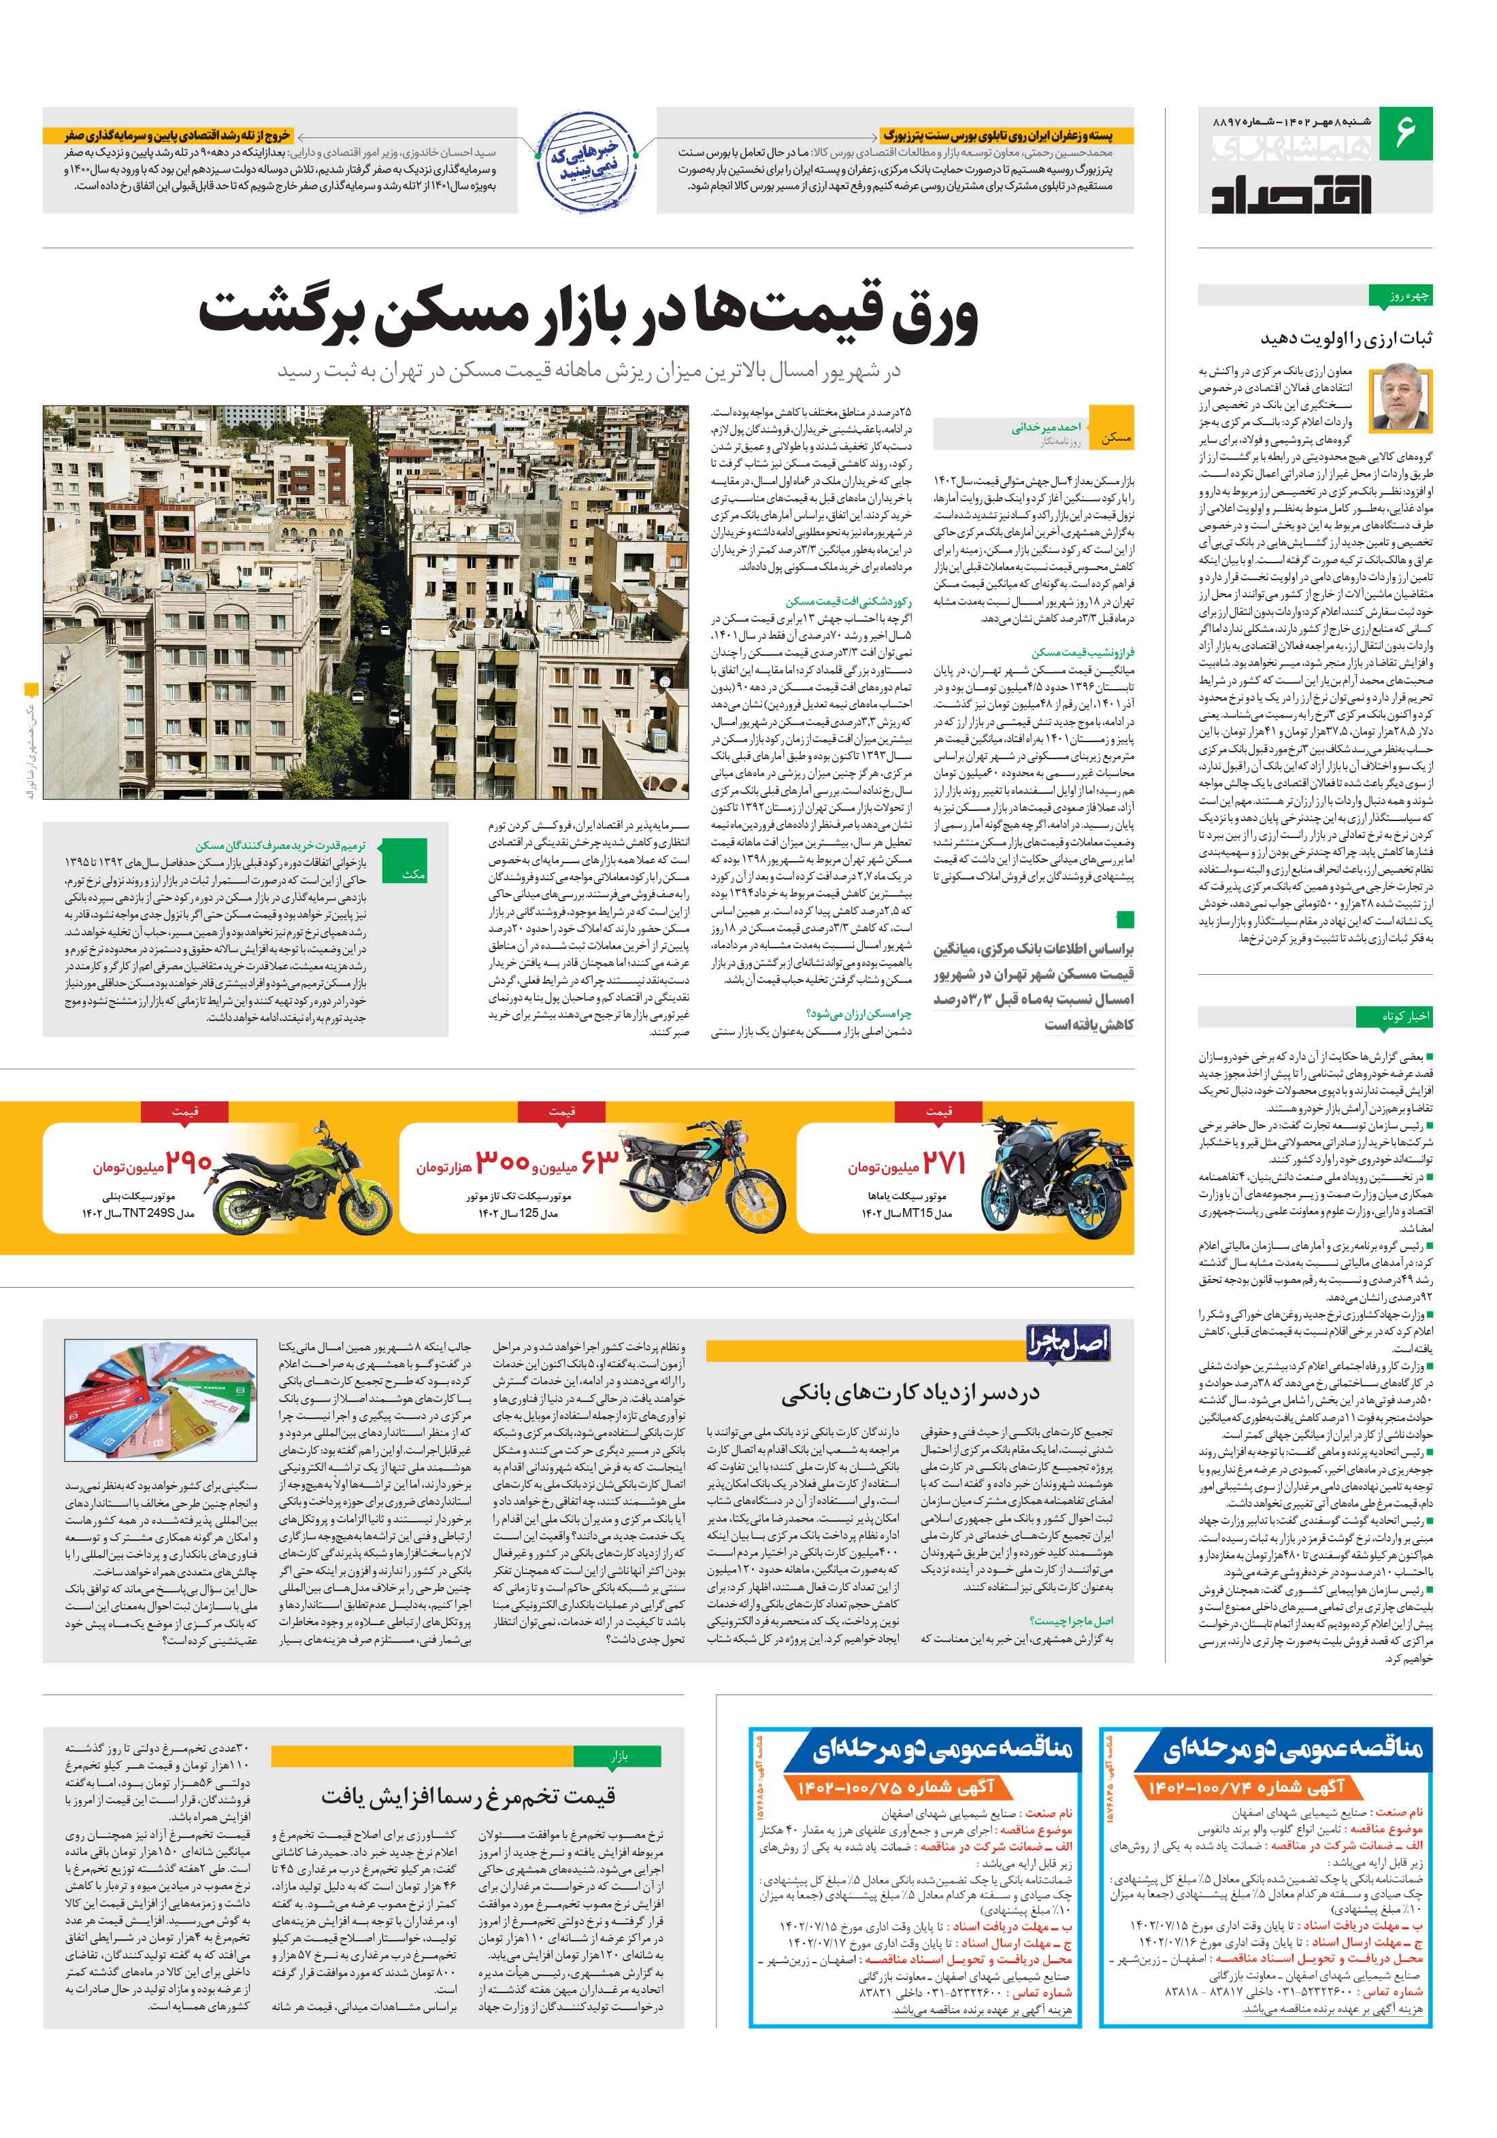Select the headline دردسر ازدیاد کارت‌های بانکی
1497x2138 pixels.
click(910, 1394)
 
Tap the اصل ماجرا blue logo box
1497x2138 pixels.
click(1068, 1343)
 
